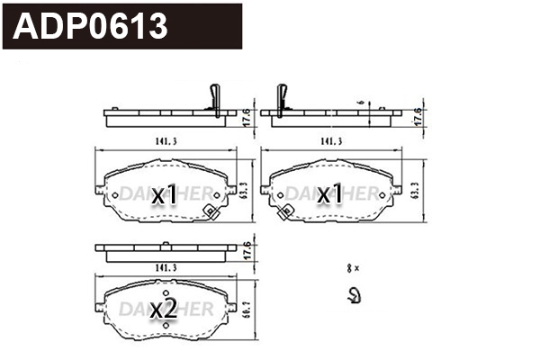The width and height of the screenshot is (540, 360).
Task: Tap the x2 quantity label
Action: click(163, 309)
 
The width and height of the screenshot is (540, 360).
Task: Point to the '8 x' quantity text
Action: click(353, 268)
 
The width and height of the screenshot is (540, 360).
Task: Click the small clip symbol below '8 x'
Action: click(354, 293)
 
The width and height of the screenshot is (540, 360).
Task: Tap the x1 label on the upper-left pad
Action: click(163, 194)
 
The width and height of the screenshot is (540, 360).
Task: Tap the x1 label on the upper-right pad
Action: click(328, 194)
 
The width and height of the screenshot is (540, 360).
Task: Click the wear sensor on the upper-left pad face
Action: click(211, 213)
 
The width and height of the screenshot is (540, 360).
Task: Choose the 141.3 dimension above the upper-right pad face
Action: click(329, 141)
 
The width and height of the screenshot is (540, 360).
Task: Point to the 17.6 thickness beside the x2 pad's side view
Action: click(246, 248)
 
